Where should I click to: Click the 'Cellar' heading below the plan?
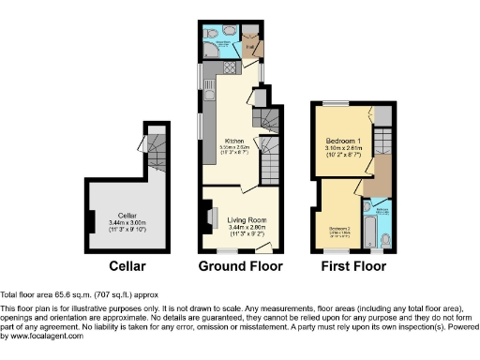(x=127, y=265)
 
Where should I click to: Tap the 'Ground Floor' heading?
(x=239, y=265)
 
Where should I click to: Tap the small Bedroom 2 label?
(x=338, y=228)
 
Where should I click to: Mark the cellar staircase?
(x=155, y=146)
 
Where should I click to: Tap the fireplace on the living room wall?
(x=205, y=214)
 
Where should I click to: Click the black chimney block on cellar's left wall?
(x=90, y=221)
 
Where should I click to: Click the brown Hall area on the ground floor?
(x=250, y=44)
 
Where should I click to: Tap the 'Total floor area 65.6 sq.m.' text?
(x=66, y=293)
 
